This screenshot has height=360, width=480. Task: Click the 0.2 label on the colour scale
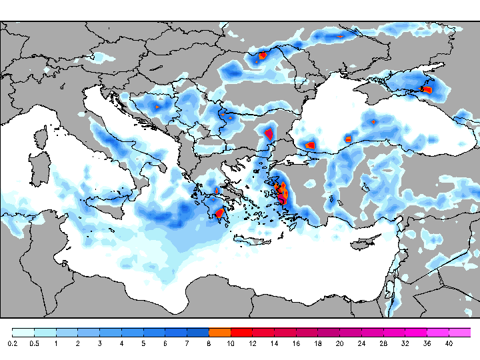pyautogui.click(x=12, y=343)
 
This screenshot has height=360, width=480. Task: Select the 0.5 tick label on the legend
pyautogui.click(x=34, y=343)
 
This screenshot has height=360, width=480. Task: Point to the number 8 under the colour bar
pyautogui.click(x=209, y=343)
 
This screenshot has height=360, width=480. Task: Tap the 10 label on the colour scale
pyautogui.click(x=231, y=343)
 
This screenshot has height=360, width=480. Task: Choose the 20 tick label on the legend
pyautogui.click(x=339, y=343)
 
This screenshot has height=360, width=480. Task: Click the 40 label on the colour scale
pyautogui.click(x=449, y=343)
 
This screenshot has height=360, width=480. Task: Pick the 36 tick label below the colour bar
pyautogui.click(x=427, y=343)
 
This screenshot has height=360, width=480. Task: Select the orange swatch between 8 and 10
pyautogui.click(x=219, y=332)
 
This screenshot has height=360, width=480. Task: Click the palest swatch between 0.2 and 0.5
pyautogui.click(x=23, y=332)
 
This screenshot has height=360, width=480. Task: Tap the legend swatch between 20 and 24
pyautogui.click(x=350, y=332)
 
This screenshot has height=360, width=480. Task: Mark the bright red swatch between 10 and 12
pyautogui.click(x=241, y=332)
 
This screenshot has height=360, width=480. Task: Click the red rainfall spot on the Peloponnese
pyautogui.click(x=219, y=213)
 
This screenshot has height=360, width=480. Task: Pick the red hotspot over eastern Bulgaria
pyautogui.click(x=269, y=133)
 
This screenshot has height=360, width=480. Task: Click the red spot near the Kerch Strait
pyautogui.click(x=427, y=89)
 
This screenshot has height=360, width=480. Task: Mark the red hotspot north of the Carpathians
pyautogui.click(x=263, y=56)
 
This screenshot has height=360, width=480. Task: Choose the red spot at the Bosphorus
pyautogui.click(x=309, y=145)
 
